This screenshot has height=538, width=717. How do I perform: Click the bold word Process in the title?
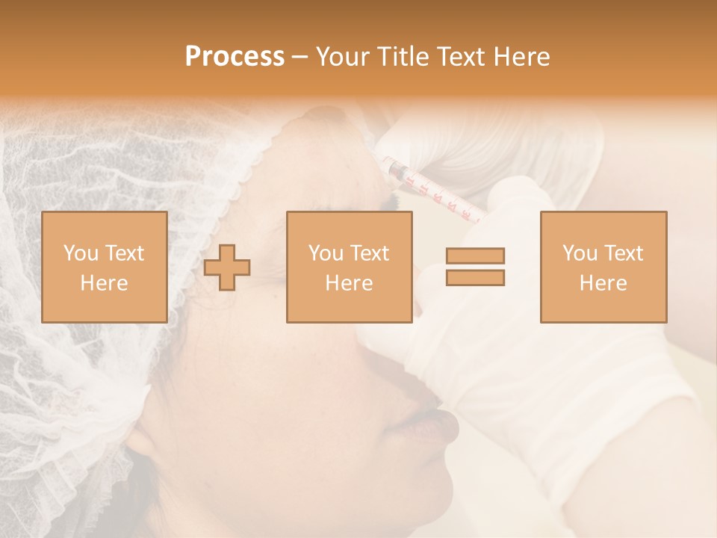tap(235, 57)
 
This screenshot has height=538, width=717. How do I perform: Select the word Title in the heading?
tap(403, 57)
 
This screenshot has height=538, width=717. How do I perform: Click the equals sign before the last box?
tap(475, 267)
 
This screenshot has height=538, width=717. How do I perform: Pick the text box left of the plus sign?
tap(105, 267)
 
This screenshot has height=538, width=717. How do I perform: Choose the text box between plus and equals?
tap(349, 267)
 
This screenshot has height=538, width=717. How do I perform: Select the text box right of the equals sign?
tap(603, 267)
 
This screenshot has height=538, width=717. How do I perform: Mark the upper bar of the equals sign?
tap(475, 256)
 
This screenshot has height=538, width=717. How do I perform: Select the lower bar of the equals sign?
tap(475, 277)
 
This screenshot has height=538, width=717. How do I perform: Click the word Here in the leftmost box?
tap(105, 282)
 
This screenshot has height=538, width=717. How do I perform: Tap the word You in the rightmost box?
tap(577, 253)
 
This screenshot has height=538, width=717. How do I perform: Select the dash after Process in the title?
tap(299, 57)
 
